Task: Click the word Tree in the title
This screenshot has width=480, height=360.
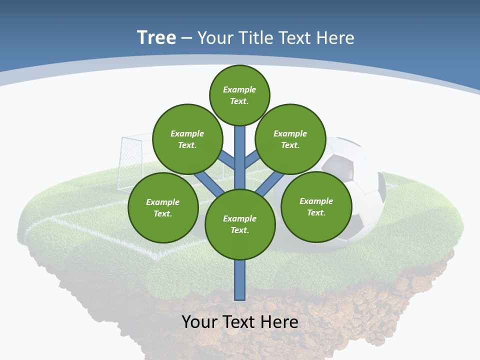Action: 156,37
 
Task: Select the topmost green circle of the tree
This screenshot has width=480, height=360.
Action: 239,95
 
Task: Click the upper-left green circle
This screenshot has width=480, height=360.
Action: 187,139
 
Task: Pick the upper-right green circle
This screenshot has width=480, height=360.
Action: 290,139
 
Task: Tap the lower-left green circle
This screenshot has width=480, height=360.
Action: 163,207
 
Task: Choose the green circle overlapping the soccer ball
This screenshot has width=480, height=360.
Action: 316,206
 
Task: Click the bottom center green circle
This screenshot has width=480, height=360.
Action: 240,224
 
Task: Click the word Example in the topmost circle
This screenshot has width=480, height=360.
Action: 239,89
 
